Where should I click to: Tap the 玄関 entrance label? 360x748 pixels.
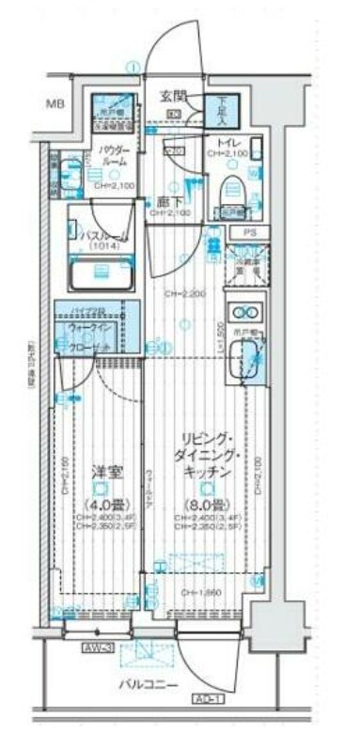click(x=173, y=96)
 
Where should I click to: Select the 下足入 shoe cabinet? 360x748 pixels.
click(x=223, y=111)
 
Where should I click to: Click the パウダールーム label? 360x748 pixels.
click(x=114, y=155)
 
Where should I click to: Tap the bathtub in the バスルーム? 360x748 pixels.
click(x=102, y=274)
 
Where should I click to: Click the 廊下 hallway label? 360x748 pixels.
click(x=169, y=201)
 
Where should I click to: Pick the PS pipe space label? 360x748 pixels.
click(x=249, y=232)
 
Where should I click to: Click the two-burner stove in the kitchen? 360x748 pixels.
click(x=245, y=313)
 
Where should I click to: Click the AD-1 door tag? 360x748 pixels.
click(x=209, y=700)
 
